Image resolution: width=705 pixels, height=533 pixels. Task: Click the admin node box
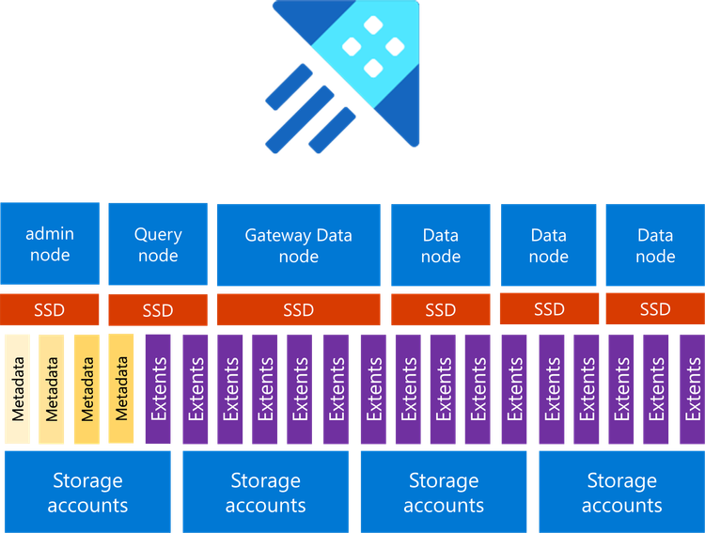50,244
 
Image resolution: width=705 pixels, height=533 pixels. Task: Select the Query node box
158,244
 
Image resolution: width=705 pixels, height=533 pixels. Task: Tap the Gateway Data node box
299,244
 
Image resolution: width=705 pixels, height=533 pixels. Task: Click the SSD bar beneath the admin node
50,309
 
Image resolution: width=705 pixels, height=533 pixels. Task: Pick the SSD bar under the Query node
158,310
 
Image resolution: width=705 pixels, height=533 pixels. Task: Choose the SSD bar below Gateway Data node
299,309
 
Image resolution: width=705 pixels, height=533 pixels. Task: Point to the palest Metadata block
18,388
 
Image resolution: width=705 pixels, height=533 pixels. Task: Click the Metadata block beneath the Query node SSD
121,388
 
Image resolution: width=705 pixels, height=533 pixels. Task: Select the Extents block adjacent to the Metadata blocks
159,388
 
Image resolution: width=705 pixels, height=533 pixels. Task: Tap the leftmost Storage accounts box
87,493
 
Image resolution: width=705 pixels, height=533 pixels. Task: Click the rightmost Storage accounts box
621,493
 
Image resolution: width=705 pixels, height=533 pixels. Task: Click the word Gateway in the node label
276,235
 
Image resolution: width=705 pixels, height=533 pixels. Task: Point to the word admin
50,234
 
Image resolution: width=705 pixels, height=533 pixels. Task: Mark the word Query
158,234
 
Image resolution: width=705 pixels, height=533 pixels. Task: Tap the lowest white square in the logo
373,67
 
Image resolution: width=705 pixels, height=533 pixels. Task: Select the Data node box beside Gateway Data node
441,244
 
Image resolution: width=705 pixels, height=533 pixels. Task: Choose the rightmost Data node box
654,244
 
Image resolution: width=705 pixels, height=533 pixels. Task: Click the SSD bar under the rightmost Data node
654,309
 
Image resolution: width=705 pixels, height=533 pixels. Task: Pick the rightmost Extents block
693,388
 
